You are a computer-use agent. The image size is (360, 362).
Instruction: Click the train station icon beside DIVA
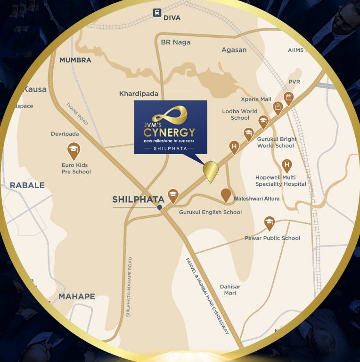click(156, 14)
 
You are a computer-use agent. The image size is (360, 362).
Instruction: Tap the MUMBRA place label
click(75, 60)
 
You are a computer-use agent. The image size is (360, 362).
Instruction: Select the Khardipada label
click(139, 94)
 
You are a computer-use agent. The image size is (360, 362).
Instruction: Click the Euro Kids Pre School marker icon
click(74, 150)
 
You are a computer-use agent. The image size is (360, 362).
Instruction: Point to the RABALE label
click(27, 185)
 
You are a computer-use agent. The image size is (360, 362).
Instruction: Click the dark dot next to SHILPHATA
click(160, 207)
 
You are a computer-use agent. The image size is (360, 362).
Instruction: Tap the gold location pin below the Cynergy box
click(210, 171)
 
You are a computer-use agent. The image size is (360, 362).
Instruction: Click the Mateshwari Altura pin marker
click(226, 194)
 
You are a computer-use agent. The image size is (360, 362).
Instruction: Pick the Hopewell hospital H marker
click(286, 165)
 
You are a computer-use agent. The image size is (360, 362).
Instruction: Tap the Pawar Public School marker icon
click(269, 222)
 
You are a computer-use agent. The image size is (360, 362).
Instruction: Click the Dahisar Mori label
click(230, 290)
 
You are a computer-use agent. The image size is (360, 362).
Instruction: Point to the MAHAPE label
click(76, 296)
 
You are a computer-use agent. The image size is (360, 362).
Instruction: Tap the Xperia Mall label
click(256, 99)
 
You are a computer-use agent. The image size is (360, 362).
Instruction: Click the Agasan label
click(234, 49)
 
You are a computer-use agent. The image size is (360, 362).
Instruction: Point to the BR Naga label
click(176, 42)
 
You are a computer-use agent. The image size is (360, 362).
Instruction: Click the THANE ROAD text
click(77, 114)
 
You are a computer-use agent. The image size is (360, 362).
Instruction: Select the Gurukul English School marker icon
click(173, 196)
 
